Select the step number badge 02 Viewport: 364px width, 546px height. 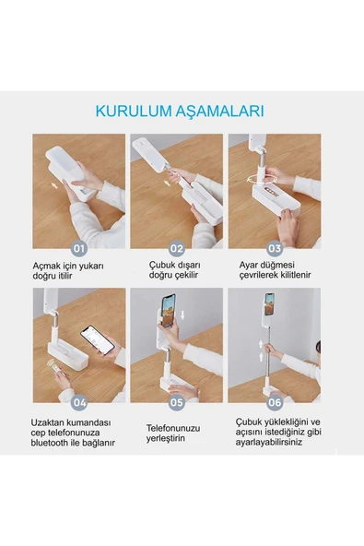point(176,247)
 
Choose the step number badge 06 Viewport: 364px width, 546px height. point(274,401)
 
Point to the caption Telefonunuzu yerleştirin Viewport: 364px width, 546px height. point(173,434)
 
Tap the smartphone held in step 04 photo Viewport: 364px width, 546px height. point(97,341)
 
